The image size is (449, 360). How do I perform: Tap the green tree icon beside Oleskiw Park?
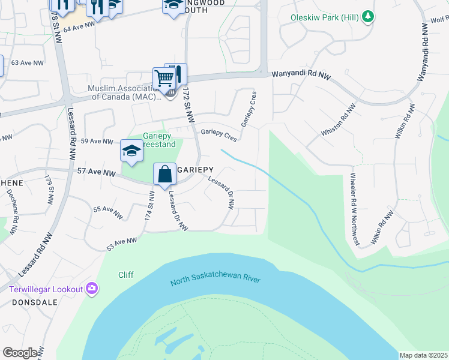point(369,17)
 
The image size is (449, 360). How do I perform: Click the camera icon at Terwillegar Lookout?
point(91,289)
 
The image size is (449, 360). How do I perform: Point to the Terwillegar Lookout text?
point(46,289)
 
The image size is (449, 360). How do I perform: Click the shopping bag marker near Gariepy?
point(164,175)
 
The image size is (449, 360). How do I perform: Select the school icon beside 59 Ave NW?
point(131,151)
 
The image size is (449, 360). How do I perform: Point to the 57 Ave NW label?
point(96,172)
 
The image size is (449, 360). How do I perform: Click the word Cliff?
point(126,275)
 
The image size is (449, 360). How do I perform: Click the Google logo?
point(20,353)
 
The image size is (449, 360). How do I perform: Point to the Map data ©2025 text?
point(423,355)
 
